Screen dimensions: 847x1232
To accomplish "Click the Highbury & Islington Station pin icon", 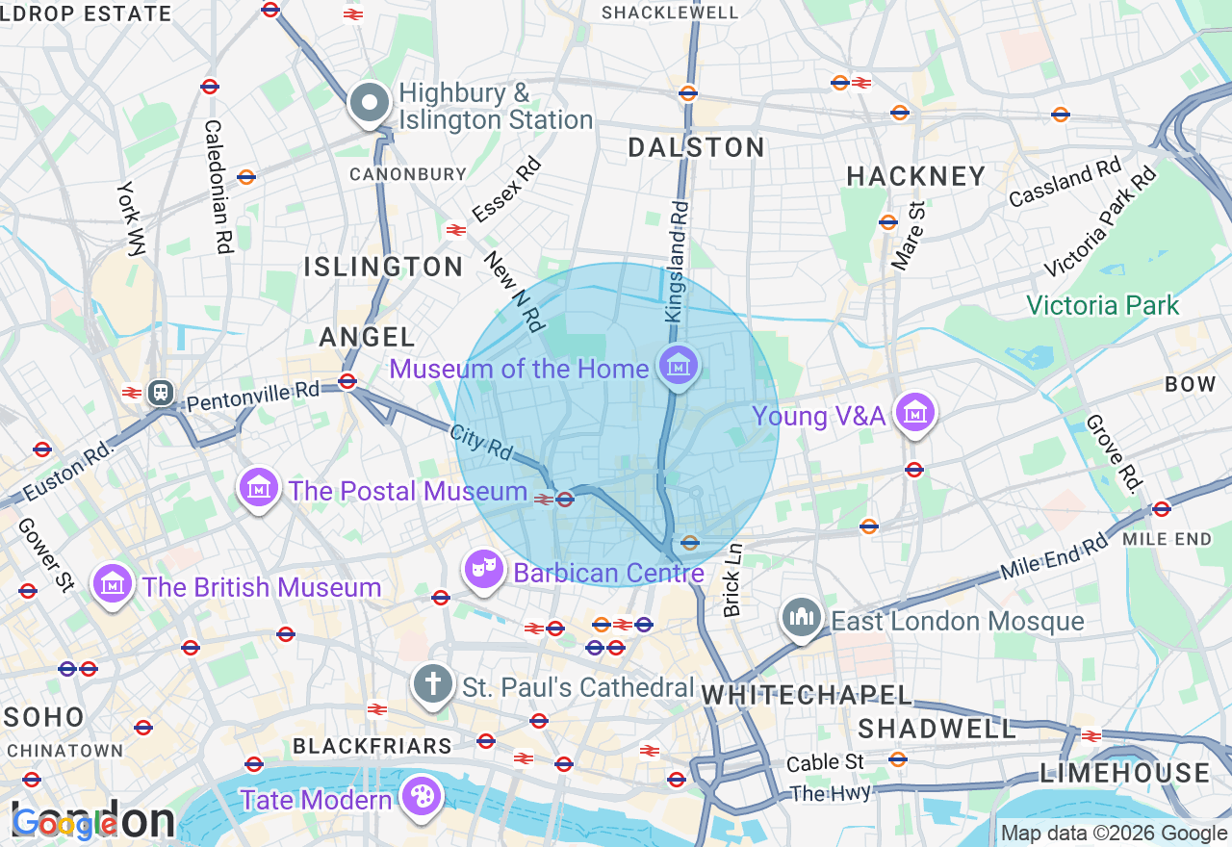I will pos(369,103).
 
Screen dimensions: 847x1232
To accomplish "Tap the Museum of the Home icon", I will pos(680,367).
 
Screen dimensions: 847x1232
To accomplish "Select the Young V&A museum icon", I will pos(914,414).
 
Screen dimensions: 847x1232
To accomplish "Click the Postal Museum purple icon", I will pos(259,489).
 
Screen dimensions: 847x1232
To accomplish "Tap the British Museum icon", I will pos(112,585).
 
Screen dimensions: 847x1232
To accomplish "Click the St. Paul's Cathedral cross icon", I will pos(433,685).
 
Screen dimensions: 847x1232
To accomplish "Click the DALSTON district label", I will pos(697,147).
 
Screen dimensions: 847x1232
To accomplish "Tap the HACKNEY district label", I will pos(916,176).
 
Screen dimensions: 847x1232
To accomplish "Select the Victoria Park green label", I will pos(1102,306).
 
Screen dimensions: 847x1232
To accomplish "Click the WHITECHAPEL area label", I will pos(807,695).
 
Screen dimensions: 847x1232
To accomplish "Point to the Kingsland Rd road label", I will pos(677,261).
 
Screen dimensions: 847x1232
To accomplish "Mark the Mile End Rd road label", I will pos(1054,556).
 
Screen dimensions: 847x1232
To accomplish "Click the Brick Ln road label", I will pos(733,579).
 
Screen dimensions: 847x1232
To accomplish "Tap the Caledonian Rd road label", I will pos(218,187).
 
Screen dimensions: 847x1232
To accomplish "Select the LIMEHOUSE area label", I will pos(1125,773).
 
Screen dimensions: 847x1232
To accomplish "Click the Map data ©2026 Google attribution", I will pos(1114,834).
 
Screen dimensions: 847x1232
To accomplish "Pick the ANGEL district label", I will pos(368,337).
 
